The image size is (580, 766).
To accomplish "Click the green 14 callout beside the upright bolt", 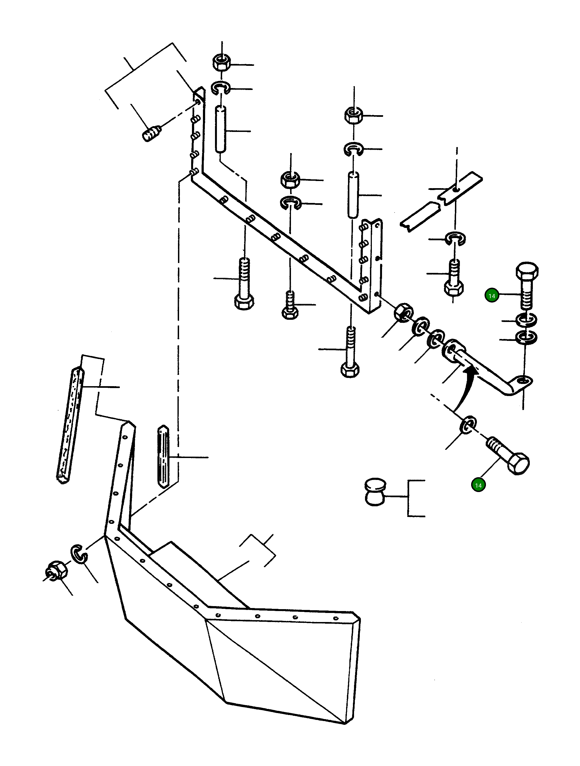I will tap(491, 296).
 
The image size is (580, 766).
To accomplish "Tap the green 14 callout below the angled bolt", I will tap(478, 485).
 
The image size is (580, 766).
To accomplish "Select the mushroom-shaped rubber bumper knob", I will tap(375, 491).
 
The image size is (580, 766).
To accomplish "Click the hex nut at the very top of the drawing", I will tap(222, 62).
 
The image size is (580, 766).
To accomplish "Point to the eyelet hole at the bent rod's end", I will tap(523, 381).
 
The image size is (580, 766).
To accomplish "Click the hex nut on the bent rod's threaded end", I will tap(403, 312).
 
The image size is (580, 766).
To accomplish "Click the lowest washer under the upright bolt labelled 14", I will tap(526, 338).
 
